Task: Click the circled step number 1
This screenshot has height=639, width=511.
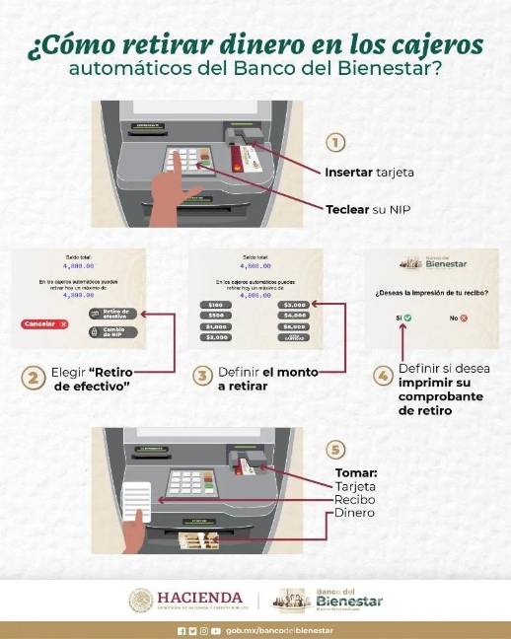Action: coord(335,143)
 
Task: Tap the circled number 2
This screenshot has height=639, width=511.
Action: coord(33,377)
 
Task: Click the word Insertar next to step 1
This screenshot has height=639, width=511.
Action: coord(347,172)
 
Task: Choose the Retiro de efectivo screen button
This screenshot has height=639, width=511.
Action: coord(117,314)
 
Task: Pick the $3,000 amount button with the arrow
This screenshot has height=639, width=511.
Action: coord(295,305)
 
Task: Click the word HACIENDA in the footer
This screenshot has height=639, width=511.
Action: coord(200,598)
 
